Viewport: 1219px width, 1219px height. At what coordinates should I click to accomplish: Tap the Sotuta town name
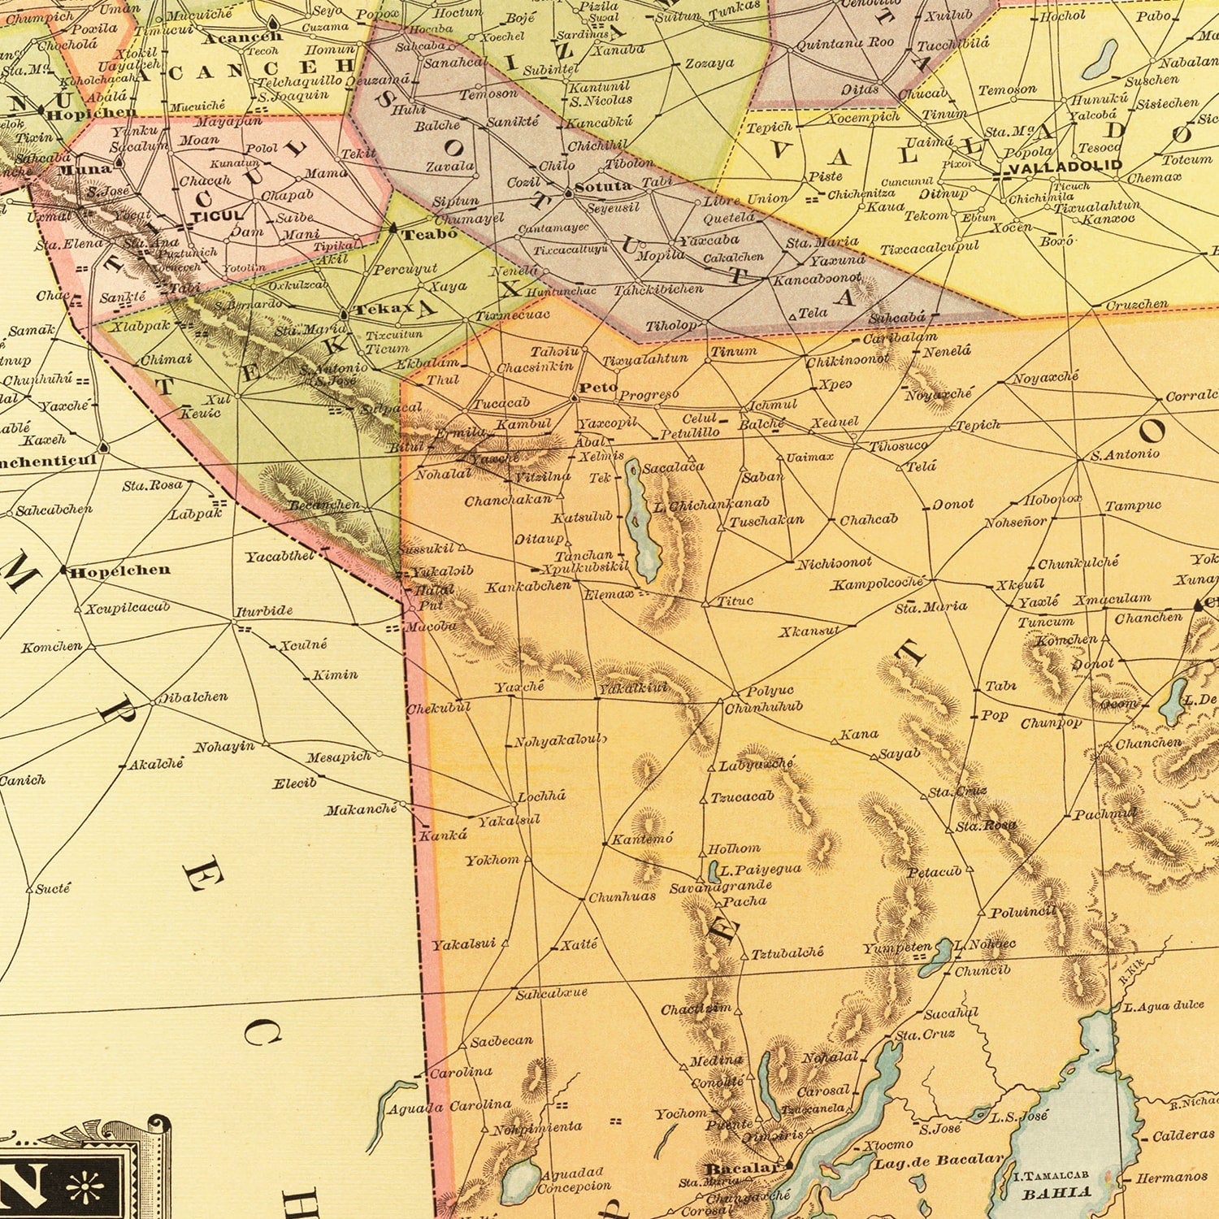pos(603,186)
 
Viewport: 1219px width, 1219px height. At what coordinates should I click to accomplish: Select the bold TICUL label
pos(217,216)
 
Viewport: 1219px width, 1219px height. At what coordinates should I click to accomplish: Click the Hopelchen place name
pos(120,570)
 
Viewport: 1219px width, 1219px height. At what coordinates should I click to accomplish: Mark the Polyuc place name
pos(770,691)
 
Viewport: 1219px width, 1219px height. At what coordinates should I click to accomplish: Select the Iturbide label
pos(264,610)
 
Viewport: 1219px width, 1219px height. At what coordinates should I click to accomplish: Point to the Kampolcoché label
pos(878,583)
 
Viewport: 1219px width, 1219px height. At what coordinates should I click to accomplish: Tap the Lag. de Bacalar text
pos(939,1161)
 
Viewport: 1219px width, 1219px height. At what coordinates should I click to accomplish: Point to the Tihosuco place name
pos(898,446)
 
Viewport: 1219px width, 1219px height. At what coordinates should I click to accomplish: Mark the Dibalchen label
pos(193,697)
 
